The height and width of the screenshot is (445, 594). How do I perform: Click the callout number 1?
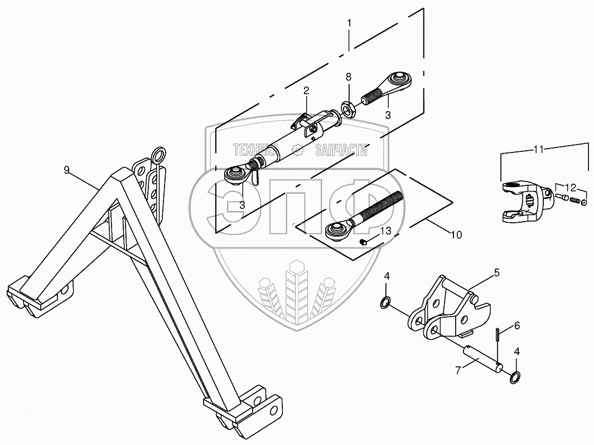pos(349,23)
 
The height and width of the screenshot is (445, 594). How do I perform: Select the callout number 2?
pos(306,90)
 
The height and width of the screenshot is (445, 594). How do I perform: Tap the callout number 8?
pos(349,76)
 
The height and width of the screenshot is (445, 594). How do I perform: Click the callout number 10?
pos(456,235)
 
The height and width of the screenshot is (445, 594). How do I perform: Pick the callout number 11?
pos(538,149)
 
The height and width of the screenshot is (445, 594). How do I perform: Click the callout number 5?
pos(496,273)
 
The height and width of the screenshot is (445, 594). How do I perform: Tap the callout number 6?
pos(517,325)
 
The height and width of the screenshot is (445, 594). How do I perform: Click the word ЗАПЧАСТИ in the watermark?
pos(341,149)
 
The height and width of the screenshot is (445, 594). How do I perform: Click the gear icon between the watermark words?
pos(298,149)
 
